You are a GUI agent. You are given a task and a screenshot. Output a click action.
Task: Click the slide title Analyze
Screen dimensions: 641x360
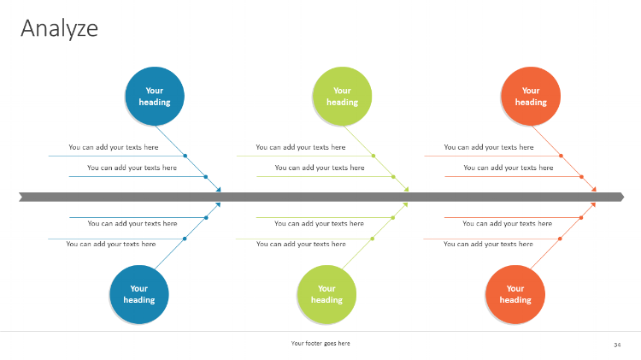point(59,28)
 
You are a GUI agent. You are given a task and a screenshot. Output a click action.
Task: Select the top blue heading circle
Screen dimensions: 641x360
point(155,96)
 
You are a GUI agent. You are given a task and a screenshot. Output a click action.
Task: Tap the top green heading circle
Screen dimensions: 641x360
point(342,96)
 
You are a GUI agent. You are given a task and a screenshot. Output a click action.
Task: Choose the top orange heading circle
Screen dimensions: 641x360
point(531,96)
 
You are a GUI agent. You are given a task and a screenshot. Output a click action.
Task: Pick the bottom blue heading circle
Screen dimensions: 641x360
point(139,294)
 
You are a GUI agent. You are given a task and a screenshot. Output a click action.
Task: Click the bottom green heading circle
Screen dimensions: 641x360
point(326,294)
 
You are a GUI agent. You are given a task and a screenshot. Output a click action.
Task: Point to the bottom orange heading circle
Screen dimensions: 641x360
point(515,294)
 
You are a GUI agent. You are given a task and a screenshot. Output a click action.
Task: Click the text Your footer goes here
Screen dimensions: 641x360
point(320,343)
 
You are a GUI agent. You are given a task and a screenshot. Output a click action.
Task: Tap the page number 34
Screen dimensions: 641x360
point(617,345)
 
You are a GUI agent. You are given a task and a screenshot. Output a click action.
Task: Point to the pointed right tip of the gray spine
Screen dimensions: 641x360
point(624,198)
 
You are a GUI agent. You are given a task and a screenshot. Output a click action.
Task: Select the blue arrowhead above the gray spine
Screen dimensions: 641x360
point(219,190)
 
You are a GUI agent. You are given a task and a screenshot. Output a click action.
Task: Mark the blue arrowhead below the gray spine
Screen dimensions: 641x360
point(218,204)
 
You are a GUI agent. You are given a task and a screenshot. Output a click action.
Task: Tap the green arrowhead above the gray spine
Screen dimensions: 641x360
point(406,190)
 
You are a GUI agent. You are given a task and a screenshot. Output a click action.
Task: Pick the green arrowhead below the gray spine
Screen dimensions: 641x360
point(405,204)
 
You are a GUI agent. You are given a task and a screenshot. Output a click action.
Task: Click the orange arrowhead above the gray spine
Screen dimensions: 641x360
point(594,190)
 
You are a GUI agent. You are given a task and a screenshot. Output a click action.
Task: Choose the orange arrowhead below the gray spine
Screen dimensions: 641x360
point(593,204)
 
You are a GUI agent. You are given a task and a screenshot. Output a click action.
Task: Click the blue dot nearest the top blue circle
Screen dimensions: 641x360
point(185,156)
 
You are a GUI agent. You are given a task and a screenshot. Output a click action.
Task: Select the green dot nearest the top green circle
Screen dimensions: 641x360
point(373,156)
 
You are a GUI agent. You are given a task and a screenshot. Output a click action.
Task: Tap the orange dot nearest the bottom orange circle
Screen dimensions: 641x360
point(560,239)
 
